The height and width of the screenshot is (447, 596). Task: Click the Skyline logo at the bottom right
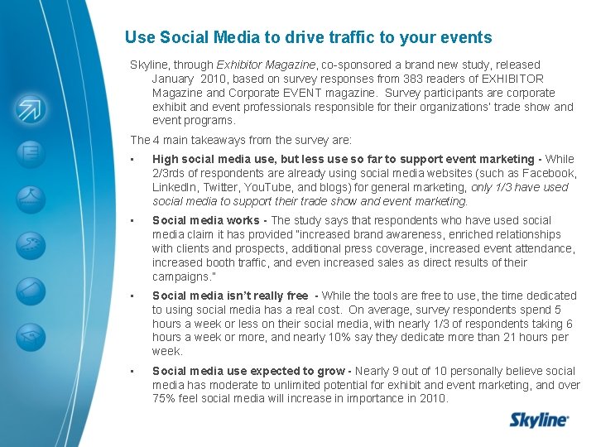tap(539, 420)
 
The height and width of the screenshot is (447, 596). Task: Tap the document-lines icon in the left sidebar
tap(30, 152)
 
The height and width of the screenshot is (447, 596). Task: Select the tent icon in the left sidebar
tap(30, 195)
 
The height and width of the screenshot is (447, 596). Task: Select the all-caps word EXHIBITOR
tap(512, 79)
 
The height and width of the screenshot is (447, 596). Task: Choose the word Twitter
tap(223, 187)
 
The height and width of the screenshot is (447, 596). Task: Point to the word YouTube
tap(271, 187)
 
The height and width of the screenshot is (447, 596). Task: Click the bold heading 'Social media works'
tap(207, 220)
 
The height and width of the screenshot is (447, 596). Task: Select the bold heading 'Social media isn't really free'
tap(230, 296)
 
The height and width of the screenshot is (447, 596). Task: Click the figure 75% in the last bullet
tap(166, 399)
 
